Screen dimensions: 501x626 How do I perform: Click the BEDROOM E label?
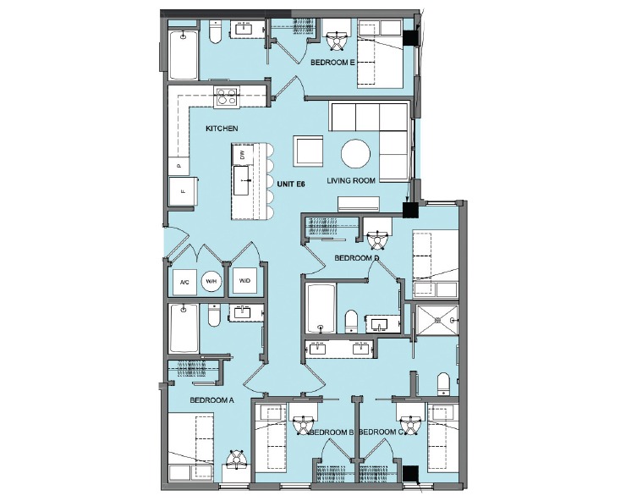point(332,63)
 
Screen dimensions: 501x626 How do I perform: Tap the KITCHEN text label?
point(222,129)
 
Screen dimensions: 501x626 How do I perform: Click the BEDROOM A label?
point(211,400)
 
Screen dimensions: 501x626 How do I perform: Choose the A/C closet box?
point(184,281)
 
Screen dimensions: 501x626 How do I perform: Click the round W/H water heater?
point(211,281)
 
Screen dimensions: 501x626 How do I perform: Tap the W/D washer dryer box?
point(244,281)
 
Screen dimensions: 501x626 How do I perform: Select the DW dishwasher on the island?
point(242,156)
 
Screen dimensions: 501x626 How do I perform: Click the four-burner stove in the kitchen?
point(226,97)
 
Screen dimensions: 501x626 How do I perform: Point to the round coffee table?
point(355,154)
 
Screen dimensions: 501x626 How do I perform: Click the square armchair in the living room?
point(308,152)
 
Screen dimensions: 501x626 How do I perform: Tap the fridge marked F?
point(182,191)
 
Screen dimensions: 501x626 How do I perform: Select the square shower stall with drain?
point(435,319)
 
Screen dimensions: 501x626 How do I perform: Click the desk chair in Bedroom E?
point(339,40)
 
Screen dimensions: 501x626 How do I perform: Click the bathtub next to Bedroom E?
point(183,55)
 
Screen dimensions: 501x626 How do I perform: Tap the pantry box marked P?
point(178,168)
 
